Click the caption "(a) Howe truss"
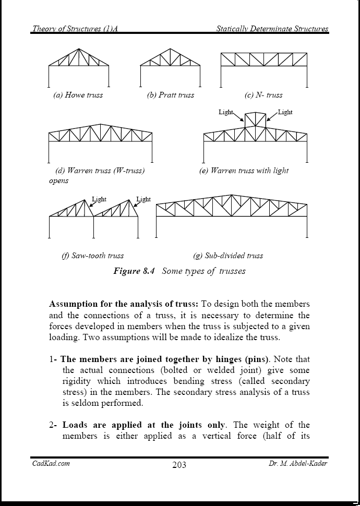pyautogui.click(x=78, y=95)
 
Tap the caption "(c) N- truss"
pyautogui.click(x=263, y=95)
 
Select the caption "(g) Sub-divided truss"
pyautogui.click(x=228, y=256)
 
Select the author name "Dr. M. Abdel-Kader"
pyautogui.click(x=295, y=463)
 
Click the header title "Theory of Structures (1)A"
pyautogui.click(x=75, y=28)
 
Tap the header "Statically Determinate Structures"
pyautogui.click(x=272, y=28)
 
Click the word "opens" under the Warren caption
pyautogui.click(x=58, y=181)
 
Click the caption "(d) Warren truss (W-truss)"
pyautogui.click(x=100, y=171)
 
